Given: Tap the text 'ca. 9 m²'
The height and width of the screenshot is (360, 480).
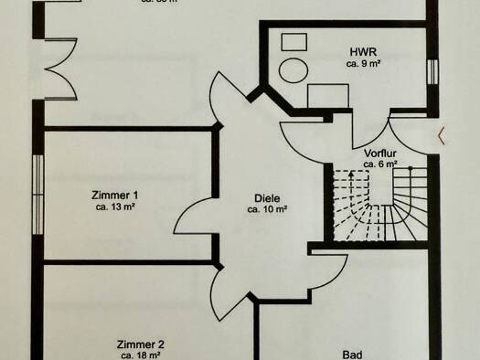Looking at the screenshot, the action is [x=363, y=65].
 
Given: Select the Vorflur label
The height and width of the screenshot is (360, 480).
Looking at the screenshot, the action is [x=379, y=153].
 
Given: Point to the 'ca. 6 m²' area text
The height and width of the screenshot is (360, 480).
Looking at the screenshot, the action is [x=379, y=164].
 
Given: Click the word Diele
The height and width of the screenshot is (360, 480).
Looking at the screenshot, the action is [x=267, y=196].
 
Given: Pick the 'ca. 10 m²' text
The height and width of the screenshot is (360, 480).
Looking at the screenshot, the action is [x=267, y=209].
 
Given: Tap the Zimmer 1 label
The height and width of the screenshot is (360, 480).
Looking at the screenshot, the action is [x=115, y=195].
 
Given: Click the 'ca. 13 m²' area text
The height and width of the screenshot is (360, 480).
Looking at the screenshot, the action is [x=115, y=206].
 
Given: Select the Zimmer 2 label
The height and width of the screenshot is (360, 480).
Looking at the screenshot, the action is [x=140, y=344].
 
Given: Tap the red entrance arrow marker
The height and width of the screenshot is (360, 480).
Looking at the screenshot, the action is [x=443, y=137].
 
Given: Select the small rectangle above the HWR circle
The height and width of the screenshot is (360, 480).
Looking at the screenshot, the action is [x=293, y=42].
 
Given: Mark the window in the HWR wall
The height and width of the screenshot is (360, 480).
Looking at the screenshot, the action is [x=432, y=73].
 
